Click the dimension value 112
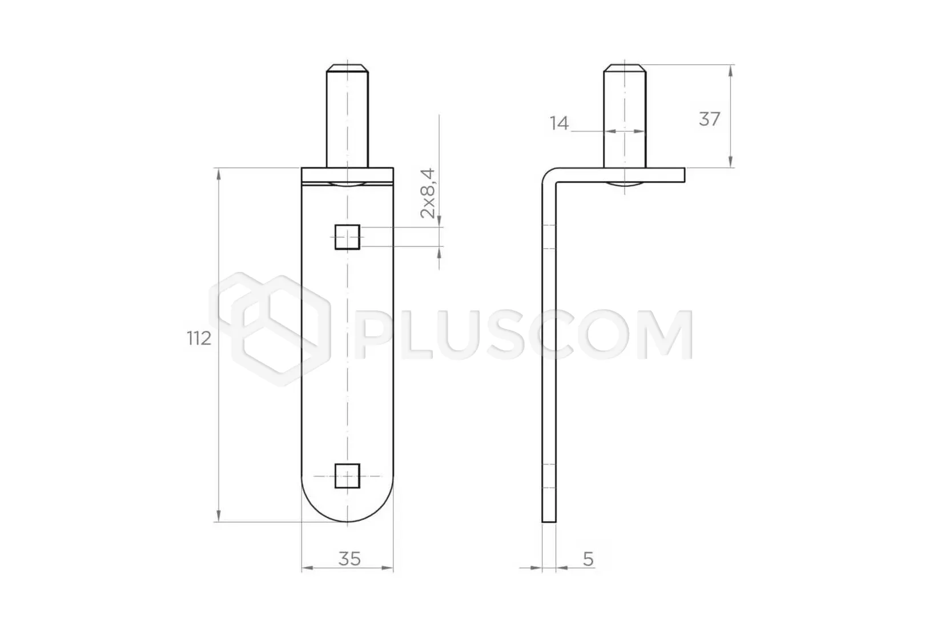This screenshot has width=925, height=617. pyautogui.click(x=199, y=338)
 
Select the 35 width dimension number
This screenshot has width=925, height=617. pyautogui.click(x=349, y=559)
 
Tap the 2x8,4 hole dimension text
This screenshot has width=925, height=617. pyautogui.click(x=428, y=193)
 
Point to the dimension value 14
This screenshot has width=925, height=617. pyautogui.click(x=559, y=123)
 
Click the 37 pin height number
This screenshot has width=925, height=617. pyautogui.click(x=709, y=119)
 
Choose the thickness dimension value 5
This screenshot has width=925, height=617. pyautogui.click(x=588, y=559)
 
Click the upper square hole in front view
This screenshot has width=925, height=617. pyautogui.click(x=347, y=237)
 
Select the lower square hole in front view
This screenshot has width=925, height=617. pyautogui.click(x=347, y=476)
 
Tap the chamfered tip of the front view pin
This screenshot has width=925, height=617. pyautogui.click(x=347, y=68)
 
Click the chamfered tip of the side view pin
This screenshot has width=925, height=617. pyautogui.click(x=625, y=68)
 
